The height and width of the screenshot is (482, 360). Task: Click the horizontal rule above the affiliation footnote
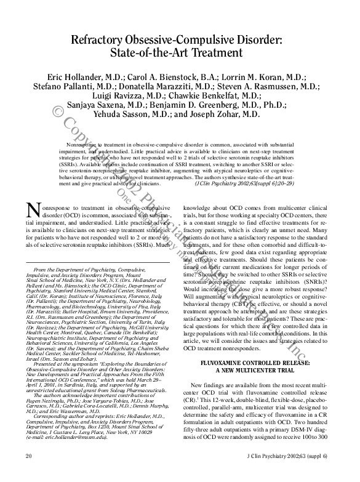[x=95, y=263]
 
